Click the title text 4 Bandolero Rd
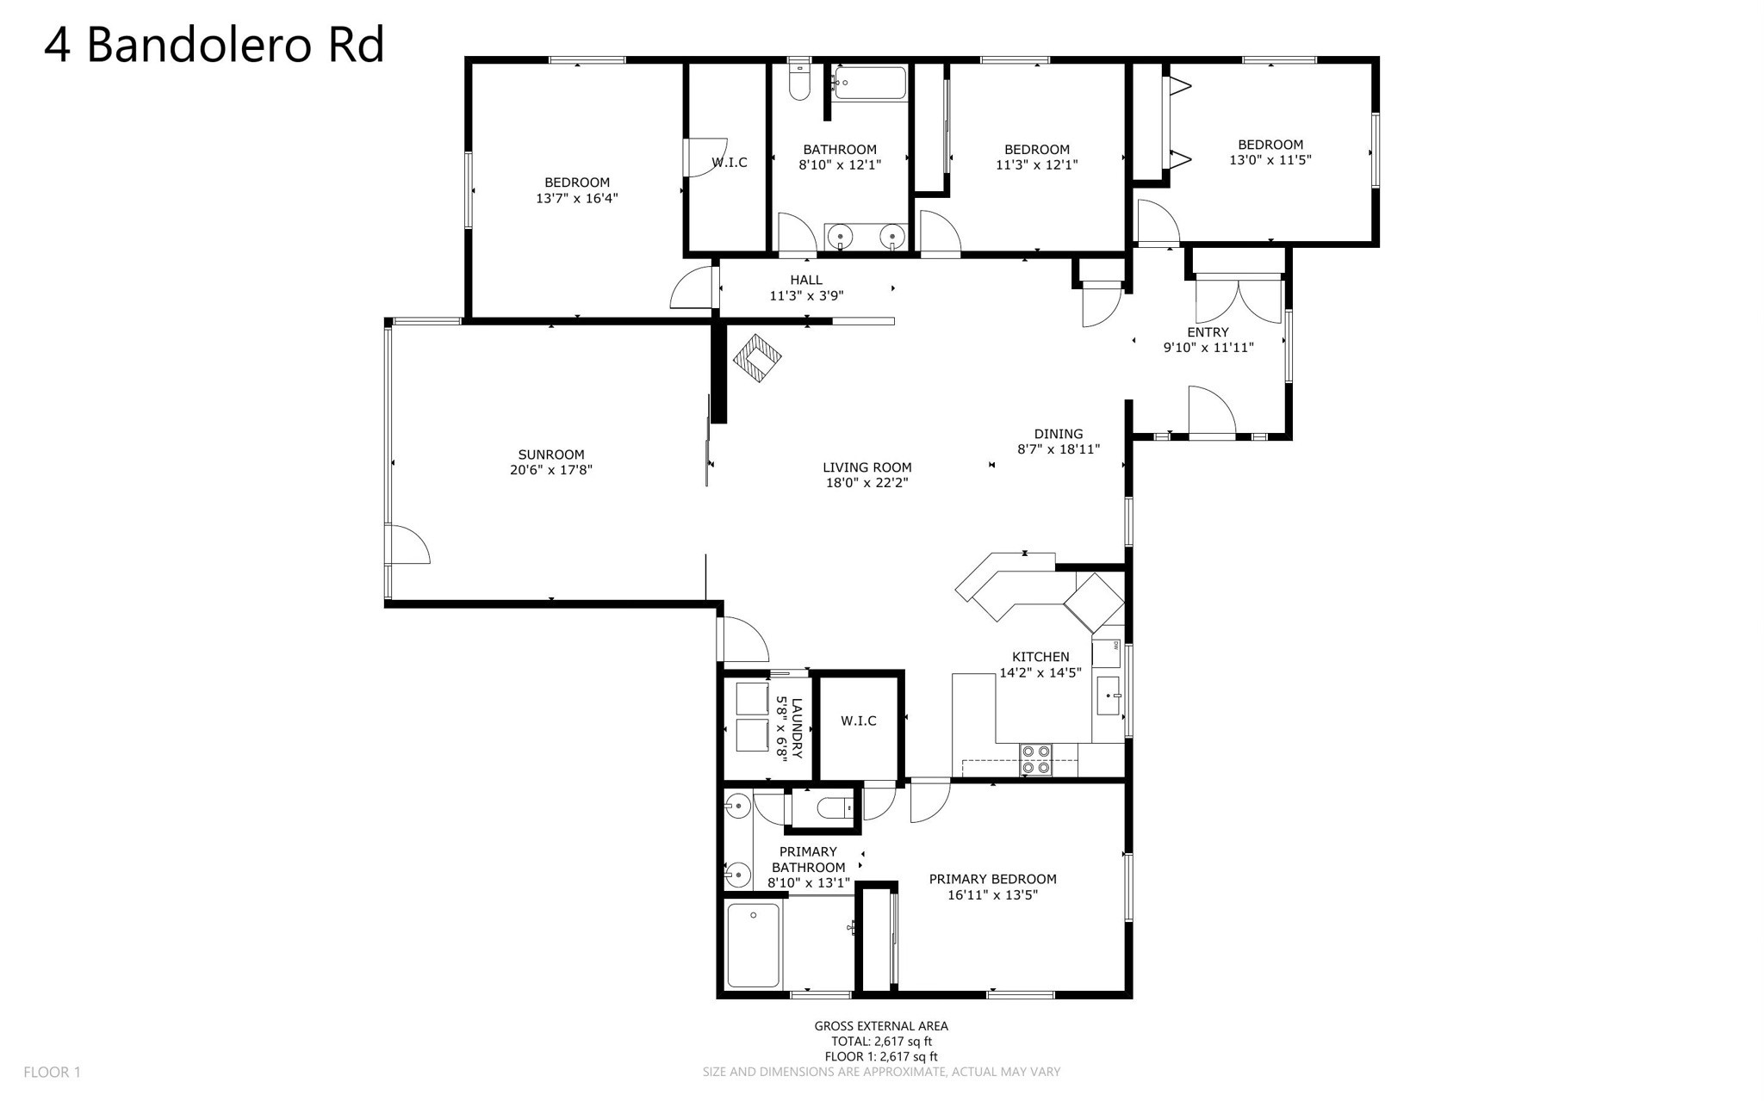214,45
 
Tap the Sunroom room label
551,455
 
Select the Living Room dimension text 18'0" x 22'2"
867,483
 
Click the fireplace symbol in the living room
757,358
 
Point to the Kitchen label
1040,657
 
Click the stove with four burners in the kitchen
1035,759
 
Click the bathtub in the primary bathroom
754,944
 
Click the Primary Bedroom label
992,879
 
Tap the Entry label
1208,332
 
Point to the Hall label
806,280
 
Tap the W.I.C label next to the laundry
859,721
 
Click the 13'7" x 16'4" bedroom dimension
577,198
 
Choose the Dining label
1059,434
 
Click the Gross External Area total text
881,1041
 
